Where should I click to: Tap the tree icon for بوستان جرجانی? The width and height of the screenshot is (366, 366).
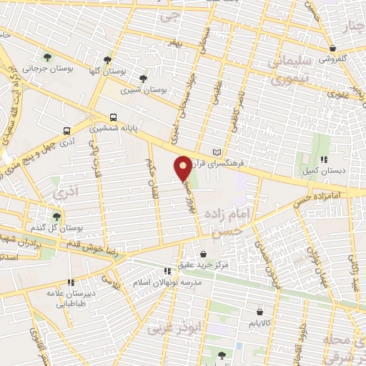point(47,57)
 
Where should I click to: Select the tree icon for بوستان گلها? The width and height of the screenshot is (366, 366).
point(107,60)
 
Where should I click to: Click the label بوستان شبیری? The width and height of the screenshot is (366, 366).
point(143,91)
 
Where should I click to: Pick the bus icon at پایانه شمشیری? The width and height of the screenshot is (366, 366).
point(113,118)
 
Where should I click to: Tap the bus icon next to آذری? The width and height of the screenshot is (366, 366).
point(66,131)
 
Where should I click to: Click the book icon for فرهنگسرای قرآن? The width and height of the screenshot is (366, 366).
point(217,152)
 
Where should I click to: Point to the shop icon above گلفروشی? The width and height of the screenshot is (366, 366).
point(332,49)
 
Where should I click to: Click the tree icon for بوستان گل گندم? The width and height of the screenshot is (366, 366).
point(57,217)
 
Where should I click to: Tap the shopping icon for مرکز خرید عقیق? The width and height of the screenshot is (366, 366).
point(204,254)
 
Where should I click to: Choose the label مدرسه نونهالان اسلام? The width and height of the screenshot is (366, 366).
point(193,282)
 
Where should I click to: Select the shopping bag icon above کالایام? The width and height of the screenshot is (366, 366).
point(259,312)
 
